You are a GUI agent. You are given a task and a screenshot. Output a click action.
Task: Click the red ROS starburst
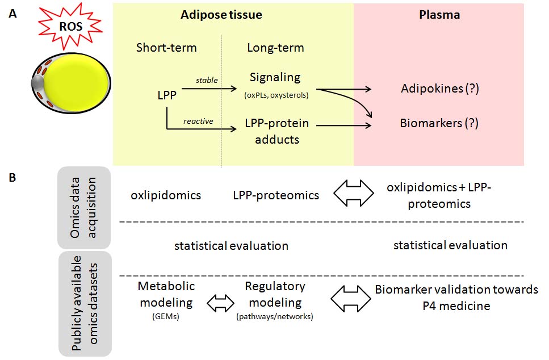tap(70, 26)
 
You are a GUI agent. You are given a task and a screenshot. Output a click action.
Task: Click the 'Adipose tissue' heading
tap(221, 15)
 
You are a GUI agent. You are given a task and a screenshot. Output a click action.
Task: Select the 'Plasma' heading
tap(439, 15)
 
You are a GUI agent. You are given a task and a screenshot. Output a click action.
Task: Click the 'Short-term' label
tap(166, 47)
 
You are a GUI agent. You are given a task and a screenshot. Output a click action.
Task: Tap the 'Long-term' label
tap(275, 47)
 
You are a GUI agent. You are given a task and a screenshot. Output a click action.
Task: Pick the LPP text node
tap(167, 95)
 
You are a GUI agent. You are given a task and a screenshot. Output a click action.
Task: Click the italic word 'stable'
tap(207, 80)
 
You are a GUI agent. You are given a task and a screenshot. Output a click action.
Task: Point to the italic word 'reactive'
tap(198, 121)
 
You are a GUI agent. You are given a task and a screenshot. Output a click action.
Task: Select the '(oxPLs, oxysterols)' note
tap(276, 95)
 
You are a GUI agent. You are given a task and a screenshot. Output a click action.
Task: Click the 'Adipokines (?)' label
tap(440, 89)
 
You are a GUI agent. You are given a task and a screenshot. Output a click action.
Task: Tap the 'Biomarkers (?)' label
tap(439, 123)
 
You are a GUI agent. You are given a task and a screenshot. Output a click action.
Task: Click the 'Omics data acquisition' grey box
tap(84, 208)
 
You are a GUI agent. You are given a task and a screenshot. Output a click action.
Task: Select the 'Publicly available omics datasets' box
tap(85, 303)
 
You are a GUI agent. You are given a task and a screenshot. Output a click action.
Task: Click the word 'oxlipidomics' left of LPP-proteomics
tap(166, 195)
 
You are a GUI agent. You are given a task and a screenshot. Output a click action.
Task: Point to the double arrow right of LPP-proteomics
tap(354, 193)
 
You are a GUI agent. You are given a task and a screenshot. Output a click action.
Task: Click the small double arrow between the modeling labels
tap(221, 303)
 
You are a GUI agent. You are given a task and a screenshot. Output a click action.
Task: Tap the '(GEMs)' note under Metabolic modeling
tap(166, 317)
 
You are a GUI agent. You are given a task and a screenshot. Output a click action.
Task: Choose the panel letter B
tap(12, 178)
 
